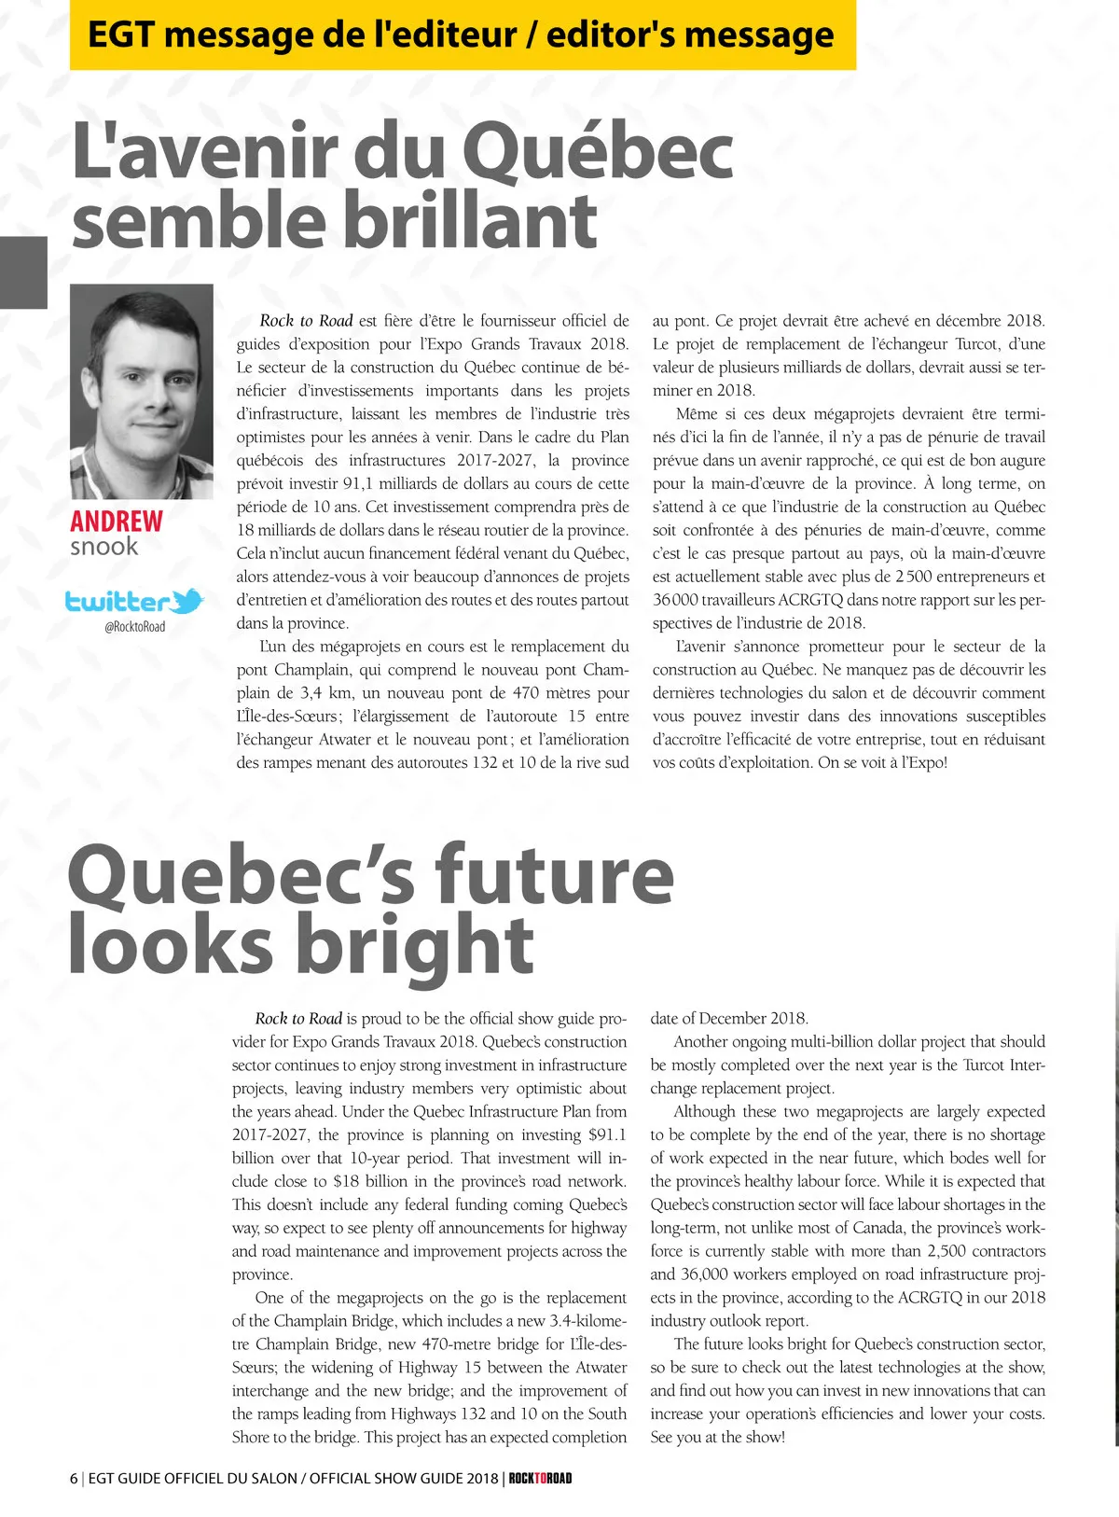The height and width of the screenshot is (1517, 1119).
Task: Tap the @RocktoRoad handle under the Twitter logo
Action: click(x=135, y=627)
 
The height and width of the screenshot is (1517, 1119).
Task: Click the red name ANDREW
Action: click(x=117, y=521)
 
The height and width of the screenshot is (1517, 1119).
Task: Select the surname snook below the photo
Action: click(x=104, y=547)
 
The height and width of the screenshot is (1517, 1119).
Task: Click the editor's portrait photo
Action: click(x=142, y=392)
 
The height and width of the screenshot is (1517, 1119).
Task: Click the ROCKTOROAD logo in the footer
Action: click(x=541, y=1478)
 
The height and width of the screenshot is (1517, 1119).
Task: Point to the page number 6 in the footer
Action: click(x=74, y=1478)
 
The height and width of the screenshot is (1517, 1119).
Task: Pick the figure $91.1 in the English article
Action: click(x=607, y=1135)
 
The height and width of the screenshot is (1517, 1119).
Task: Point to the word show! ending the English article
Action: click(x=764, y=1438)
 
